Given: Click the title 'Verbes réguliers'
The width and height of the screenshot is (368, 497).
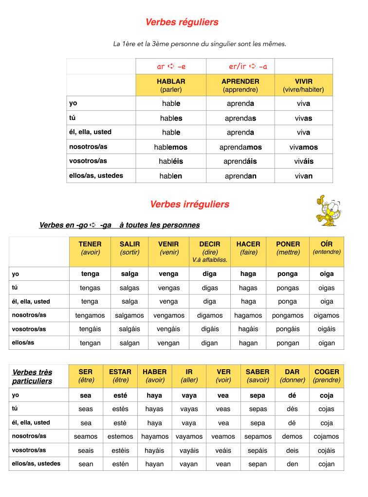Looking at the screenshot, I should click(182, 22).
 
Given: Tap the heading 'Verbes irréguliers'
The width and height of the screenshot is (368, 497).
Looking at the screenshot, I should click(189, 205).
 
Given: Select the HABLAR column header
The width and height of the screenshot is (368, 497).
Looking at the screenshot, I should click(171, 85).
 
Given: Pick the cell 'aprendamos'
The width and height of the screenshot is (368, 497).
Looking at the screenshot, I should click(240, 147).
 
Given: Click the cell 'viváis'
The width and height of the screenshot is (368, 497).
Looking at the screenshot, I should click(304, 161).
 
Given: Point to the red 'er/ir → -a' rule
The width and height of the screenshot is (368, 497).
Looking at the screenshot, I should click(248, 67).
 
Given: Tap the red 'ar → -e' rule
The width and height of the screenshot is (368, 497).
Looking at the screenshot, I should click(171, 67).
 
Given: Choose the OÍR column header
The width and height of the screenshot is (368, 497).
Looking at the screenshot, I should click(327, 248).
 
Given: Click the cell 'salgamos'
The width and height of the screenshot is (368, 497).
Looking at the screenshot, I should click(129, 315).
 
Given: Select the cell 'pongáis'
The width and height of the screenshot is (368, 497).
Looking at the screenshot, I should click(288, 329).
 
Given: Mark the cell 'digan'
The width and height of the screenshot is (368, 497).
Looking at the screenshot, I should click(210, 343).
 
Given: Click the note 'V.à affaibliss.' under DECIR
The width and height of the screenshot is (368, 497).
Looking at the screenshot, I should click(210, 260).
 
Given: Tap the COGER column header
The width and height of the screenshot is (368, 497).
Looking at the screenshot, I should click(327, 376).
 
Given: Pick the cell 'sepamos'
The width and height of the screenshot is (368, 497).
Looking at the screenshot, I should click(258, 436).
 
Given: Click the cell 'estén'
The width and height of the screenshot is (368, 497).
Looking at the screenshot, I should click(120, 464).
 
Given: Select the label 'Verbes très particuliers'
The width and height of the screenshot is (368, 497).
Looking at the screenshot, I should click(32, 377).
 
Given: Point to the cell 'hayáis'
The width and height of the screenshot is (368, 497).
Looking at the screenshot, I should click(154, 450).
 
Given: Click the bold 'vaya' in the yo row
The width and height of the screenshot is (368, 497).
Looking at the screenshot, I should click(189, 395).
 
